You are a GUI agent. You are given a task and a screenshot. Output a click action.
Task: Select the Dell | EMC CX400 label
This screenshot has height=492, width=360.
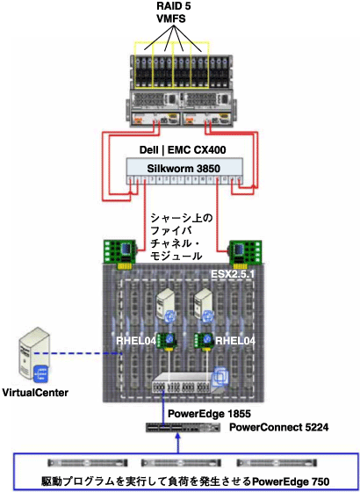coord(183,150)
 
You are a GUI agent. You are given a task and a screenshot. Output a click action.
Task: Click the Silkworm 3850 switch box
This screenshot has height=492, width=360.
coord(183,167)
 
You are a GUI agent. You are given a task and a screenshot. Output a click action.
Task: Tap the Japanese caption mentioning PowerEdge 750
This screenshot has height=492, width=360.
coord(178,481)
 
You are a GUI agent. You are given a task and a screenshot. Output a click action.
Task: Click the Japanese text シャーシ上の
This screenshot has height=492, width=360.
coord(182,215)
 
